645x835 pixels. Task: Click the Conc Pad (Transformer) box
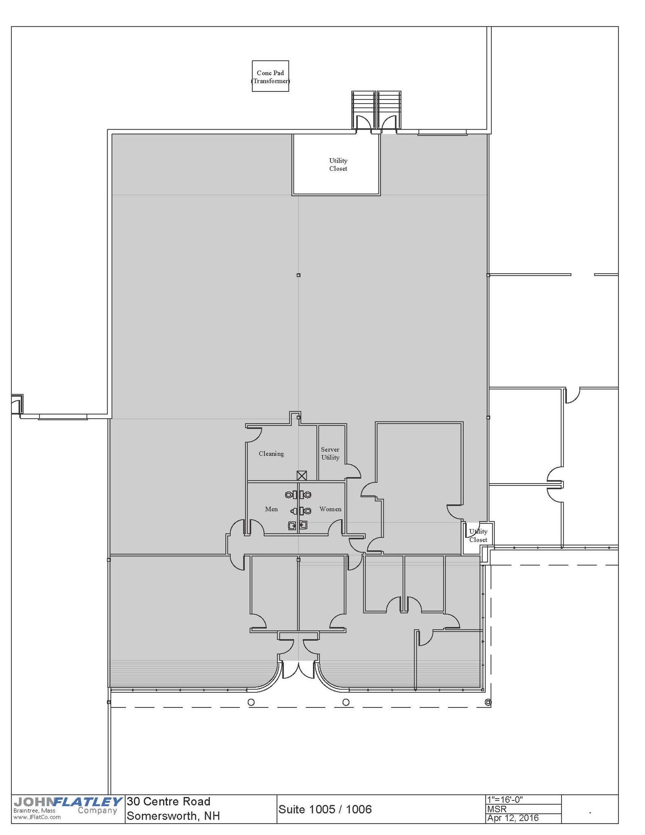click(x=270, y=76)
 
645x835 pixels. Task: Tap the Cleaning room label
click(x=271, y=453)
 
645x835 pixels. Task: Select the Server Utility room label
click(x=330, y=453)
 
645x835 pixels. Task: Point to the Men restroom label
click(x=271, y=509)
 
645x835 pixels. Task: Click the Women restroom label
click(x=330, y=509)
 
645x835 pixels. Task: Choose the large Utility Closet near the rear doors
click(x=337, y=165)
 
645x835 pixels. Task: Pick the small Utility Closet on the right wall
click(x=478, y=535)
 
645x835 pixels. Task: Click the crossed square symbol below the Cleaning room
click(x=302, y=475)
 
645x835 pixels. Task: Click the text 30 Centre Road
click(x=168, y=802)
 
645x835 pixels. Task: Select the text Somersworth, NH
click(x=173, y=816)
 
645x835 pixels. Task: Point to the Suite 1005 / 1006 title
click(x=325, y=809)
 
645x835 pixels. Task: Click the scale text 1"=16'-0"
click(x=505, y=800)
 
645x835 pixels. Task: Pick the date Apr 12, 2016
click(x=513, y=818)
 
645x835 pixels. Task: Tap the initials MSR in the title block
click(x=497, y=809)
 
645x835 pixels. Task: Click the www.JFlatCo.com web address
click(x=37, y=817)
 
